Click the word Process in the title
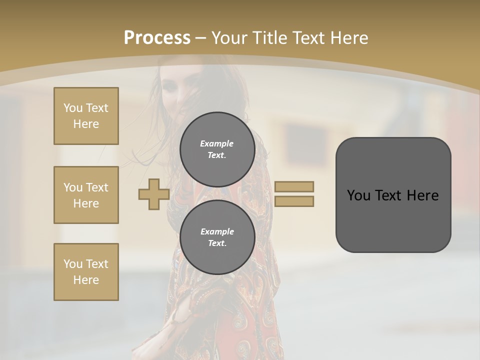[x=157, y=38]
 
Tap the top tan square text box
[x=86, y=116]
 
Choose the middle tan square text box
[x=86, y=195]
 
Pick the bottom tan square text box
[x=86, y=272]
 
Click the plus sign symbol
[x=154, y=195]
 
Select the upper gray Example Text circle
[x=217, y=149]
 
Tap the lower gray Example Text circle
[x=217, y=237]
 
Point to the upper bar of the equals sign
[x=294, y=186]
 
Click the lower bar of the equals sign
[x=294, y=201]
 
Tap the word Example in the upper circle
[x=217, y=144]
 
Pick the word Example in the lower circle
[x=217, y=232]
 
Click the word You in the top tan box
[x=73, y=108]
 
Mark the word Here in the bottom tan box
[x=86, y=280]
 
